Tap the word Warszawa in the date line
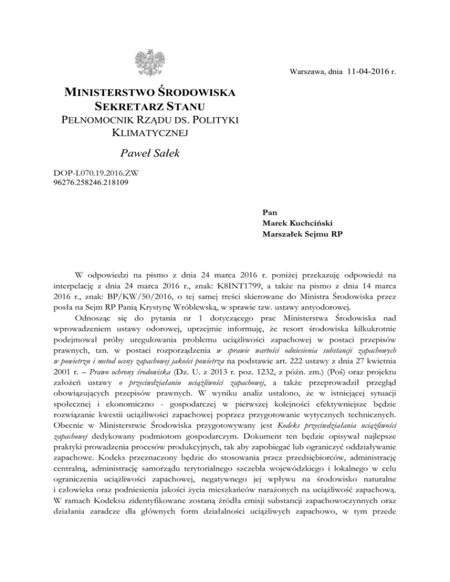[x=308, y=73]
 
